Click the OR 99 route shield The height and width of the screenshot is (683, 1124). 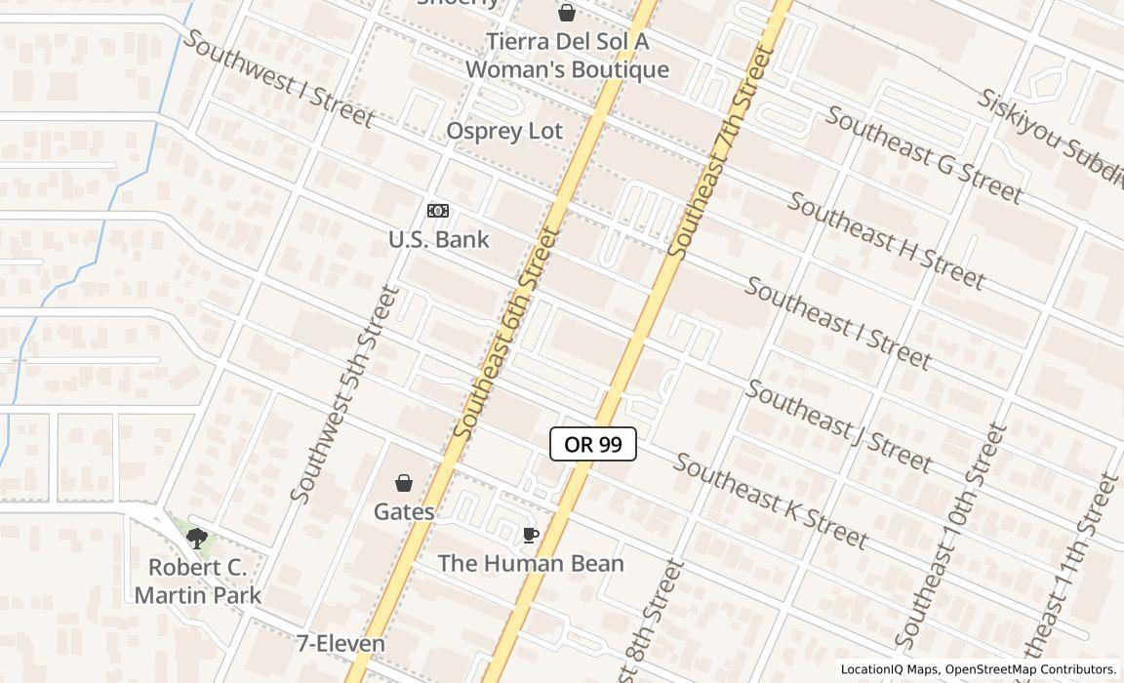[x=593, y=445]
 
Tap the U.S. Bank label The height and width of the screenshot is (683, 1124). [x=439, y=240]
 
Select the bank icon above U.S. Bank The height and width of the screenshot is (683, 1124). [x=438, y=211]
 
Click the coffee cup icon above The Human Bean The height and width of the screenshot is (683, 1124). [x=530, y=535]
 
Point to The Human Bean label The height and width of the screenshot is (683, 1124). [x=531, y=564]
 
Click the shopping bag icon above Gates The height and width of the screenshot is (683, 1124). [x=404, y=482]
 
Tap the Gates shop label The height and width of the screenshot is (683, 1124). [x=404, y=511]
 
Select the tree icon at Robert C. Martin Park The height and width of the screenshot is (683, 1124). [x=197, y=538]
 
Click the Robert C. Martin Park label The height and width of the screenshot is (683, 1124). [x=198, y=582]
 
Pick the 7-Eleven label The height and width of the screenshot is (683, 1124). [x=341, y=644]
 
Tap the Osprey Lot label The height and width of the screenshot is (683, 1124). [x=505, y=132]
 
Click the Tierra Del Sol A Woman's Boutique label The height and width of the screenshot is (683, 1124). [x=567, y=56]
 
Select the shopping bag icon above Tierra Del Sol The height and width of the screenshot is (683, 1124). [x=566, y=13]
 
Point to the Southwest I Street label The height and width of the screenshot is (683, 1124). [x=278, y=78]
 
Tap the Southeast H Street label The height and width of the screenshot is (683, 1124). [x=886, y=241]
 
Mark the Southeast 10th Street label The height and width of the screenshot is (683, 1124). [x=950, y=537]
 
